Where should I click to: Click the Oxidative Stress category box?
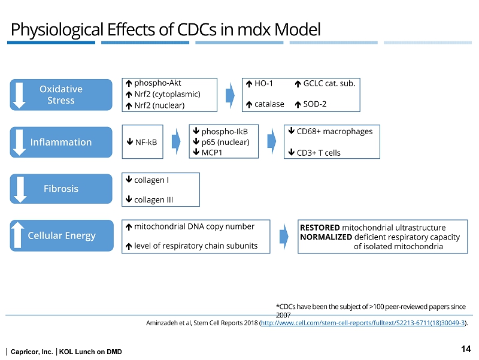point(61,95)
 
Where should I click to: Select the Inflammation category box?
point(61,142)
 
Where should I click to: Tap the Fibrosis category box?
point(61,188)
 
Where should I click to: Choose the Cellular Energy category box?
point(61,235)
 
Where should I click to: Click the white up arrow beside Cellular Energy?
point(19,235)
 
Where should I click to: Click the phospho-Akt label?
point(157,83)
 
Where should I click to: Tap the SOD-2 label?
point(315,104)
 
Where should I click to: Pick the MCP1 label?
point(213,152)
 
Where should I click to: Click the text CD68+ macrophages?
point(334,131)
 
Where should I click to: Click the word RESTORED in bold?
point(320,228)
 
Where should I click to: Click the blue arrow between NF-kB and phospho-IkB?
point(177,141)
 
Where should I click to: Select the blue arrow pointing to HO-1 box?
point(231,95)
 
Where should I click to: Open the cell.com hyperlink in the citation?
point(363,322)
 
